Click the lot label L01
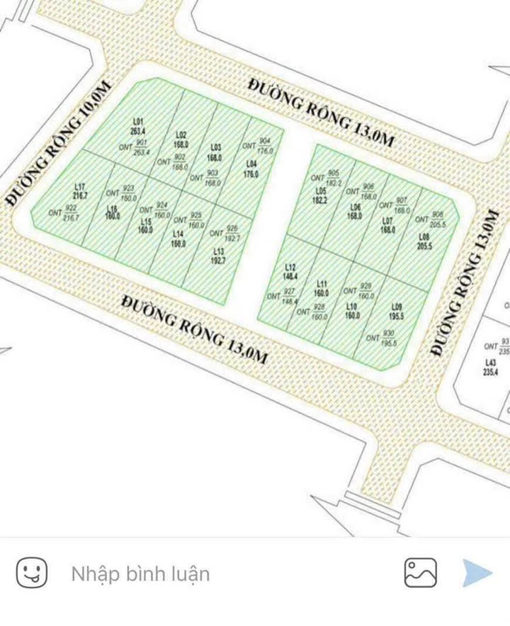coord(137,120)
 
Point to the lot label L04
coord(251,164)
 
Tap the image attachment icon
coord(420,572)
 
